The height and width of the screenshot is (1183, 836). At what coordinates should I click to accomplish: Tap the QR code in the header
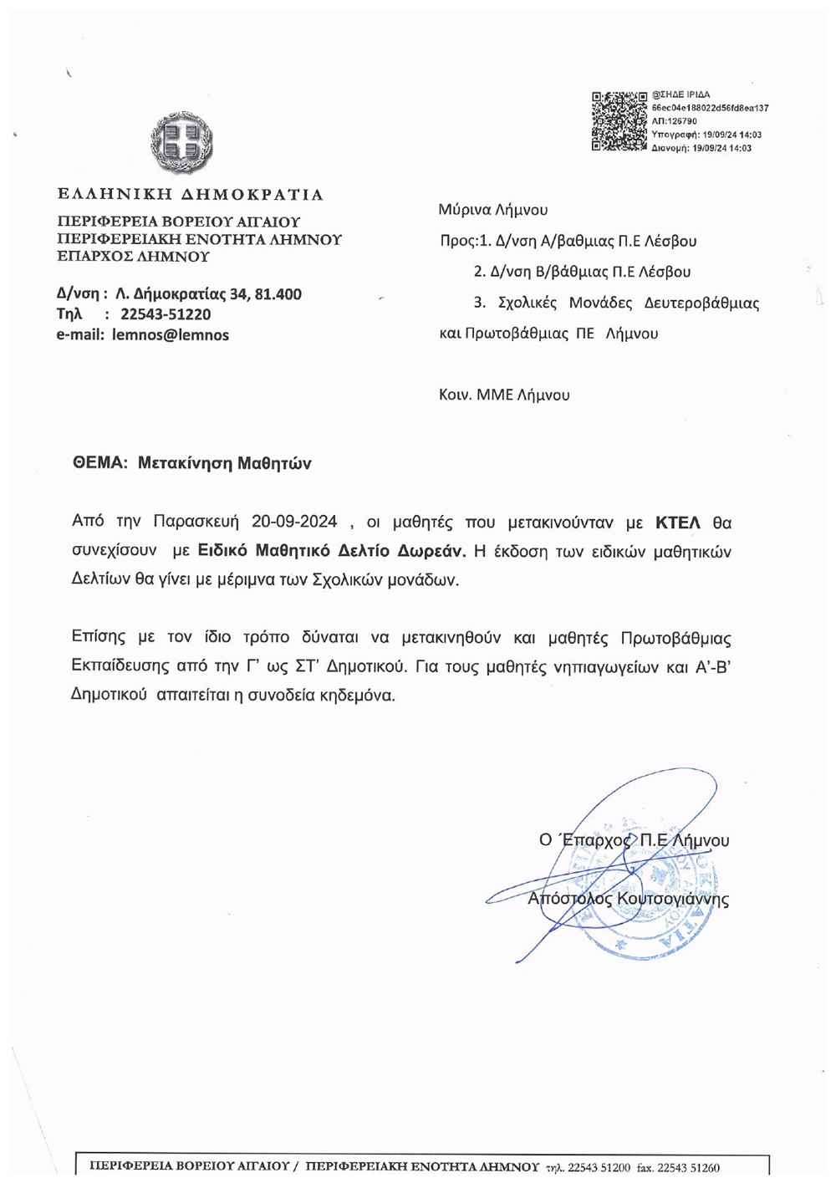pyautogui.click(x=619, y=121)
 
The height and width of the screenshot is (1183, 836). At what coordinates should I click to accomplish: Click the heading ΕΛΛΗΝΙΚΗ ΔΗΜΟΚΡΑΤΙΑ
pyautogui.click(x=190, y=195)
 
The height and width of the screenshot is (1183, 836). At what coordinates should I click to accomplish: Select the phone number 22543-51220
pyautogui.click(x=166, y=314)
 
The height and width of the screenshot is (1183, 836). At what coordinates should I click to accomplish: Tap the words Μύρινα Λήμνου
pyautogui.click(x=493, y=210)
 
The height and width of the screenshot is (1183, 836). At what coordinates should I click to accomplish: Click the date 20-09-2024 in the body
pyautogui.click(x=294, y=523)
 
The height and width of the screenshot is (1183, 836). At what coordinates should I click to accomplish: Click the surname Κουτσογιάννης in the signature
pyautogui.click(x=673, y=900)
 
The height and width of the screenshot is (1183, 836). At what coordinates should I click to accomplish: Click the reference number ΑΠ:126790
pyautogui.click(x=680, y=120)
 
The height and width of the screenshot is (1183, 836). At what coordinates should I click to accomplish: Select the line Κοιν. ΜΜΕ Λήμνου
pyautogui.click(x=504, y=395)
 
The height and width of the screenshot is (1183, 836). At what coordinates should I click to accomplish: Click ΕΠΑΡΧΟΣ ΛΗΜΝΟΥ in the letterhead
pyautogui.click(x=132, y=257)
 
